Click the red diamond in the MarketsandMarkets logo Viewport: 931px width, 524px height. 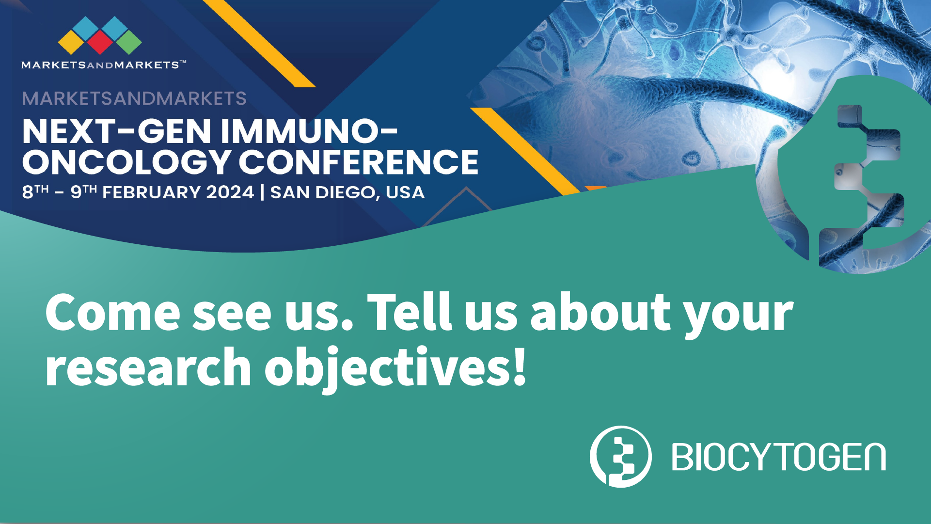tap(100, 42)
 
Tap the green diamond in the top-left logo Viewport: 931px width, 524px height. tap(129, 42)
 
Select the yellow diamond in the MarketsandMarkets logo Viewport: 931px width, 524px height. tap(71, 42)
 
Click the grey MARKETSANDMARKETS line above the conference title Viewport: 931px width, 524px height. tap(134, 99)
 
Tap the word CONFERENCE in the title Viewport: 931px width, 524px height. tap(359, 162)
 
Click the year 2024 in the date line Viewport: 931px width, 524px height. tap(230, 192)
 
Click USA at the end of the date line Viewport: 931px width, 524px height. tap(405, 192)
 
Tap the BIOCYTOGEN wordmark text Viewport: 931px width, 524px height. tap(779, 457)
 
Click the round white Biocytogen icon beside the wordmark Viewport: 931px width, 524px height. tap(621, 457)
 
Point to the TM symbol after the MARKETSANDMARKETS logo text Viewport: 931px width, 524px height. tap(183, 62)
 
